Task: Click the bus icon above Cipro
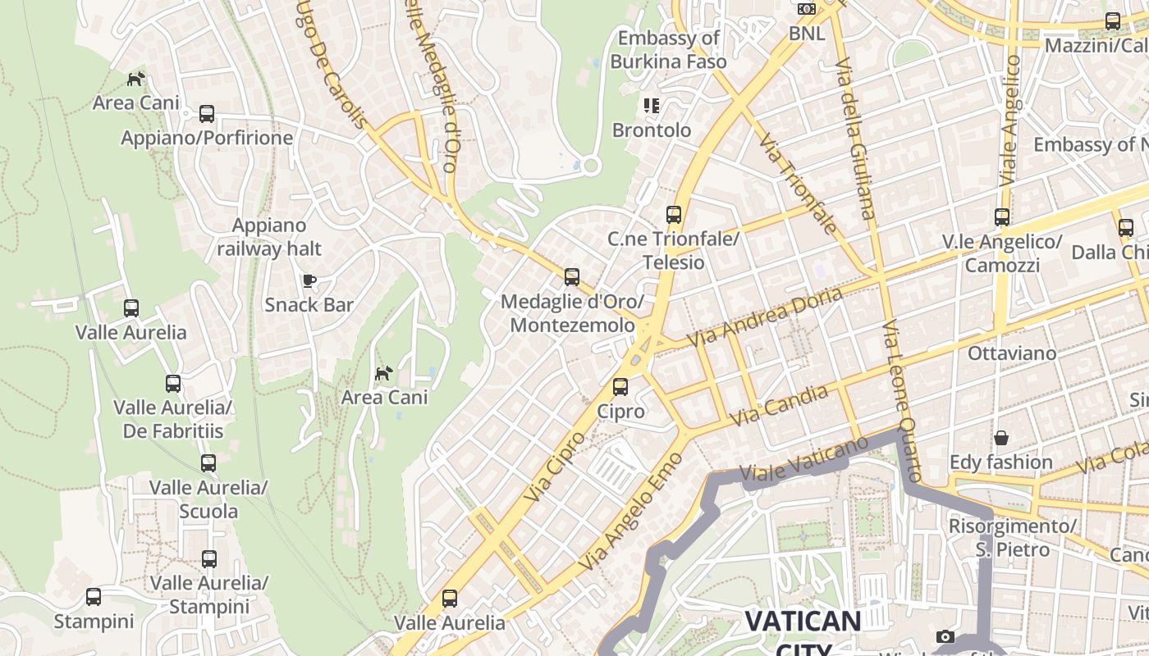pos(620,386)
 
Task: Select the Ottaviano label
pos(1012,353)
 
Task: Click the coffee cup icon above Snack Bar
pos(309,281)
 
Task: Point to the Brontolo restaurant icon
pos(652,106)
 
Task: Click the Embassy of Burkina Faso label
pos(668,50)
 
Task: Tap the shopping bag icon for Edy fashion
pos(1000,439)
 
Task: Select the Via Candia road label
pos(779,405)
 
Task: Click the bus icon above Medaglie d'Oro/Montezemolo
pos(572,277)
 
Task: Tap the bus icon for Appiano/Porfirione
pos(207,114)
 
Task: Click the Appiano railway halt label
pos(269,237)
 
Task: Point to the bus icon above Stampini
pos(94,597)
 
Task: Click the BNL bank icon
pos(807,9)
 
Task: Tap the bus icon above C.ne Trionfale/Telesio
pos(674,215)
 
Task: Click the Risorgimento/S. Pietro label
pos(1013,537)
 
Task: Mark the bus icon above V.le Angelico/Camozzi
pos(1002,217)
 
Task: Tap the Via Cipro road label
pos(555,466)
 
